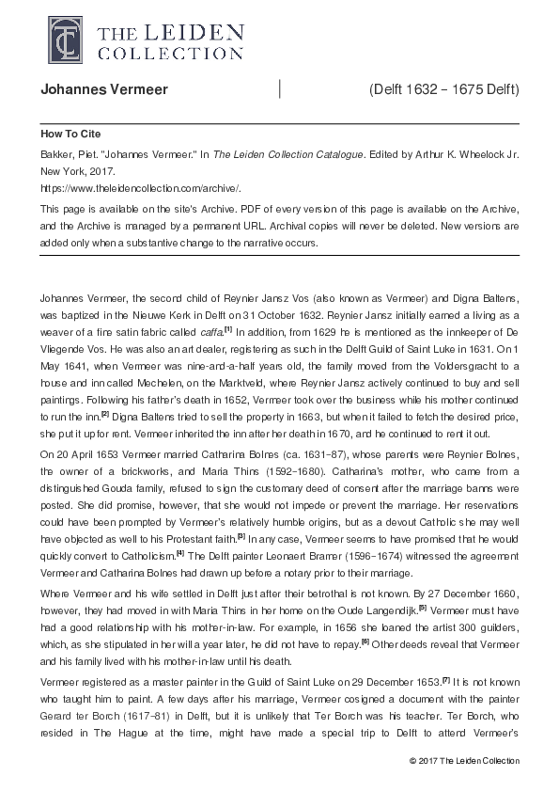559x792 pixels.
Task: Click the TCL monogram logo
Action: click(59, 36)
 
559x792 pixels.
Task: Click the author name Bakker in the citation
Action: click(56, 150)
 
